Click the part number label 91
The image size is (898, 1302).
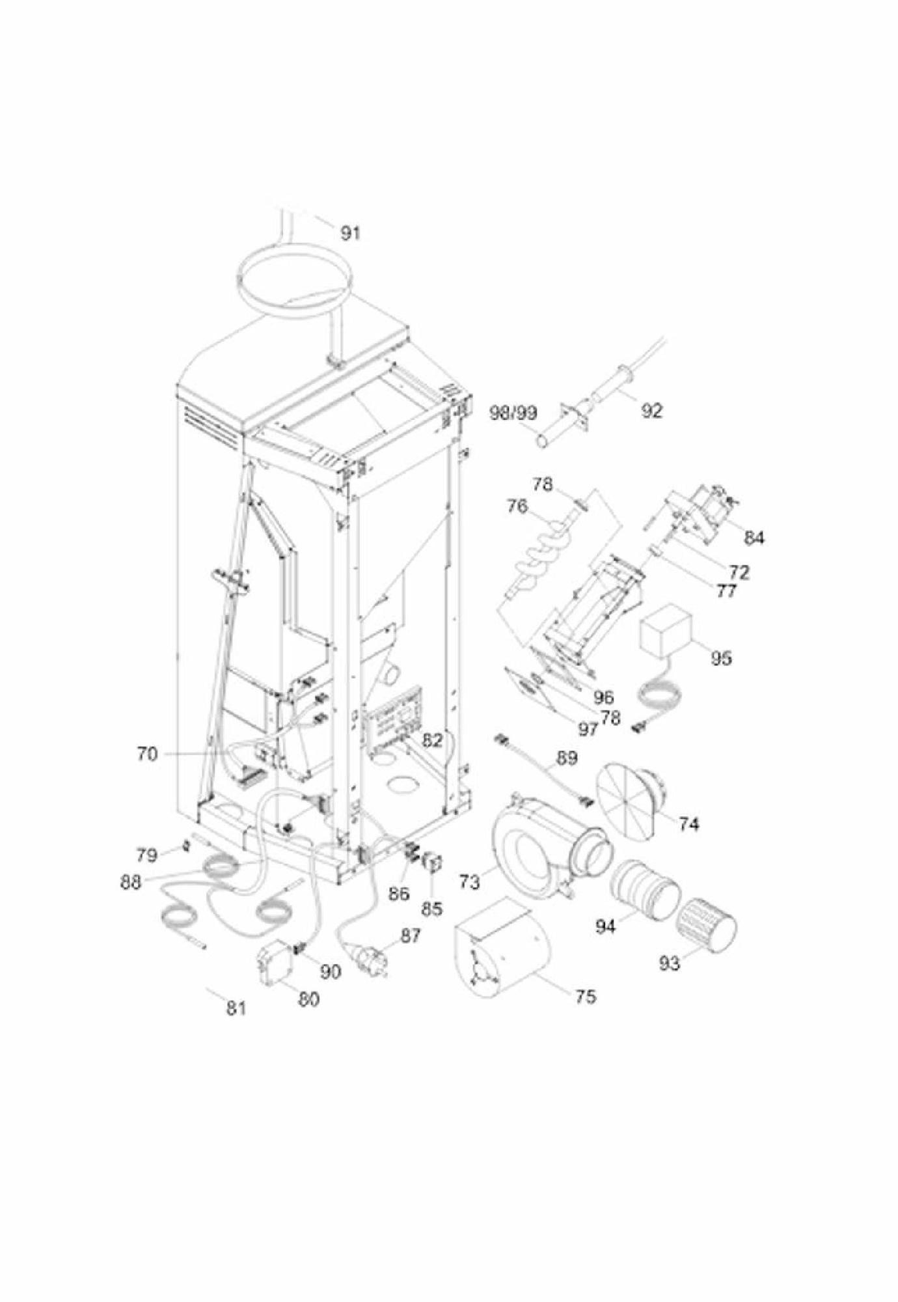(x=350, y=232)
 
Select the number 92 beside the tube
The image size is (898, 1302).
(x=651, y=411)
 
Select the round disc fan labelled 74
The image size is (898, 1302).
(x=631, y=801)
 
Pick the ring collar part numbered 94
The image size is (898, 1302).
(x=644, y=889)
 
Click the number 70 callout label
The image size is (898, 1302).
(x=147, y=754)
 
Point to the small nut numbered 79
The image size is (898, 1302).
(x=184, y=845)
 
